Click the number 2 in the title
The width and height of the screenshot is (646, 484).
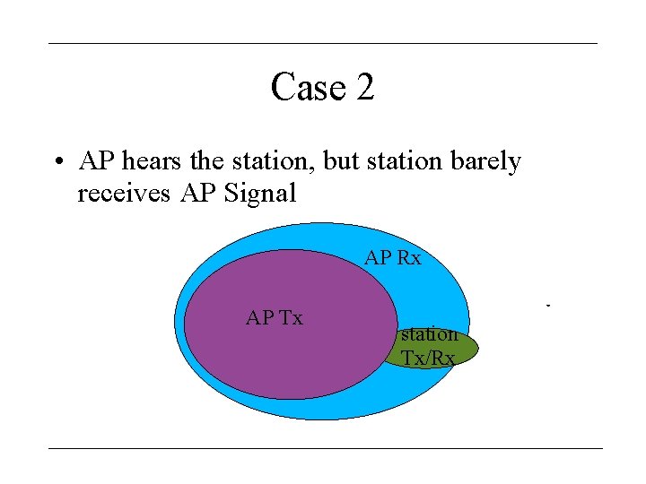click(x=364, y=88)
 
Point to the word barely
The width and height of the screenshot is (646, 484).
click(x=485, y=161)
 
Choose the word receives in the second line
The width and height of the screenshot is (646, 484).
click(x=123, y=193)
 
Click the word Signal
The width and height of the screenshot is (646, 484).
click(x=259, y=193)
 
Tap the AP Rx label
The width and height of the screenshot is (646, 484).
click(x=392, y=259)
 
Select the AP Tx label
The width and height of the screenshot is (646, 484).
click(x=275, y=317)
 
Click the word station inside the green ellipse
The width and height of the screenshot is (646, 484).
click(x=430, y=334)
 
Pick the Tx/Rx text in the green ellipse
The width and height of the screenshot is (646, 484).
click(x=428, y=358)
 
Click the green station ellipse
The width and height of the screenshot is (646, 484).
click(x=467, y=349)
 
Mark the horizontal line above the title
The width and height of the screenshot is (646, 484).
click(x=322, y=43)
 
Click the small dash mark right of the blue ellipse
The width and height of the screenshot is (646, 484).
click(x=547, y=307)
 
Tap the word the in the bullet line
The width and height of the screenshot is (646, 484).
click(x=208, y=161)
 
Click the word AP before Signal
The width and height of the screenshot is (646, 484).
click(x=197, y=193)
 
